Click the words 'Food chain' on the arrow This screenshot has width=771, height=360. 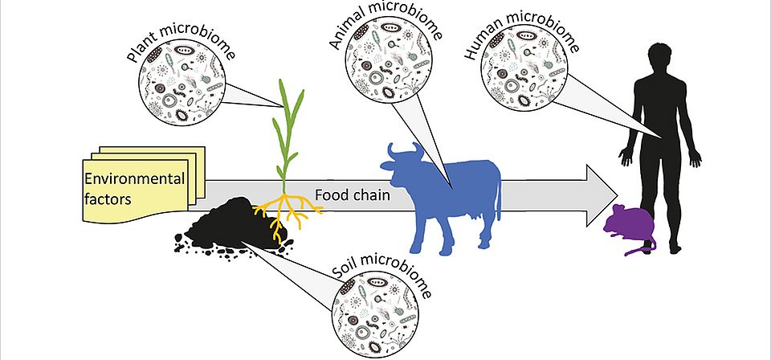345,194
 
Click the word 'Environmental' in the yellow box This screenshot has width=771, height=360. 135,178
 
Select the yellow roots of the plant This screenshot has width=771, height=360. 280,217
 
